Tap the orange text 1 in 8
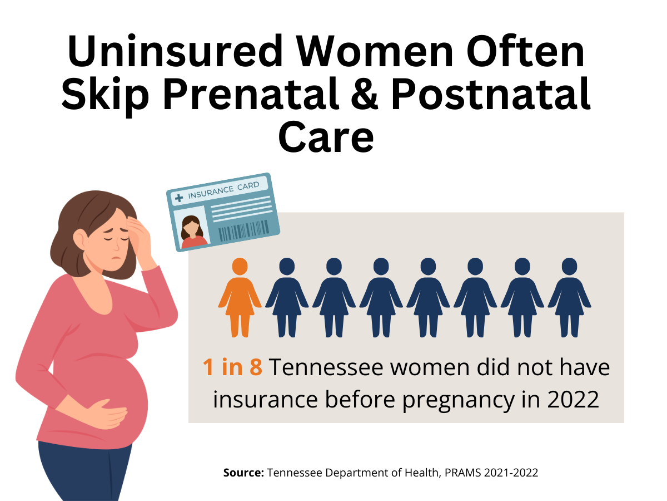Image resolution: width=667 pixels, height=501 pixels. tap(232, 368)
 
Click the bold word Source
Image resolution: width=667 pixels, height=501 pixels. tap(243, 473)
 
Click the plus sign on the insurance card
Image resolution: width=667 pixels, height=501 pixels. tap(178, 197)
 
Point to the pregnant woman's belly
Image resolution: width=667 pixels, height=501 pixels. tap(120, 390)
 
